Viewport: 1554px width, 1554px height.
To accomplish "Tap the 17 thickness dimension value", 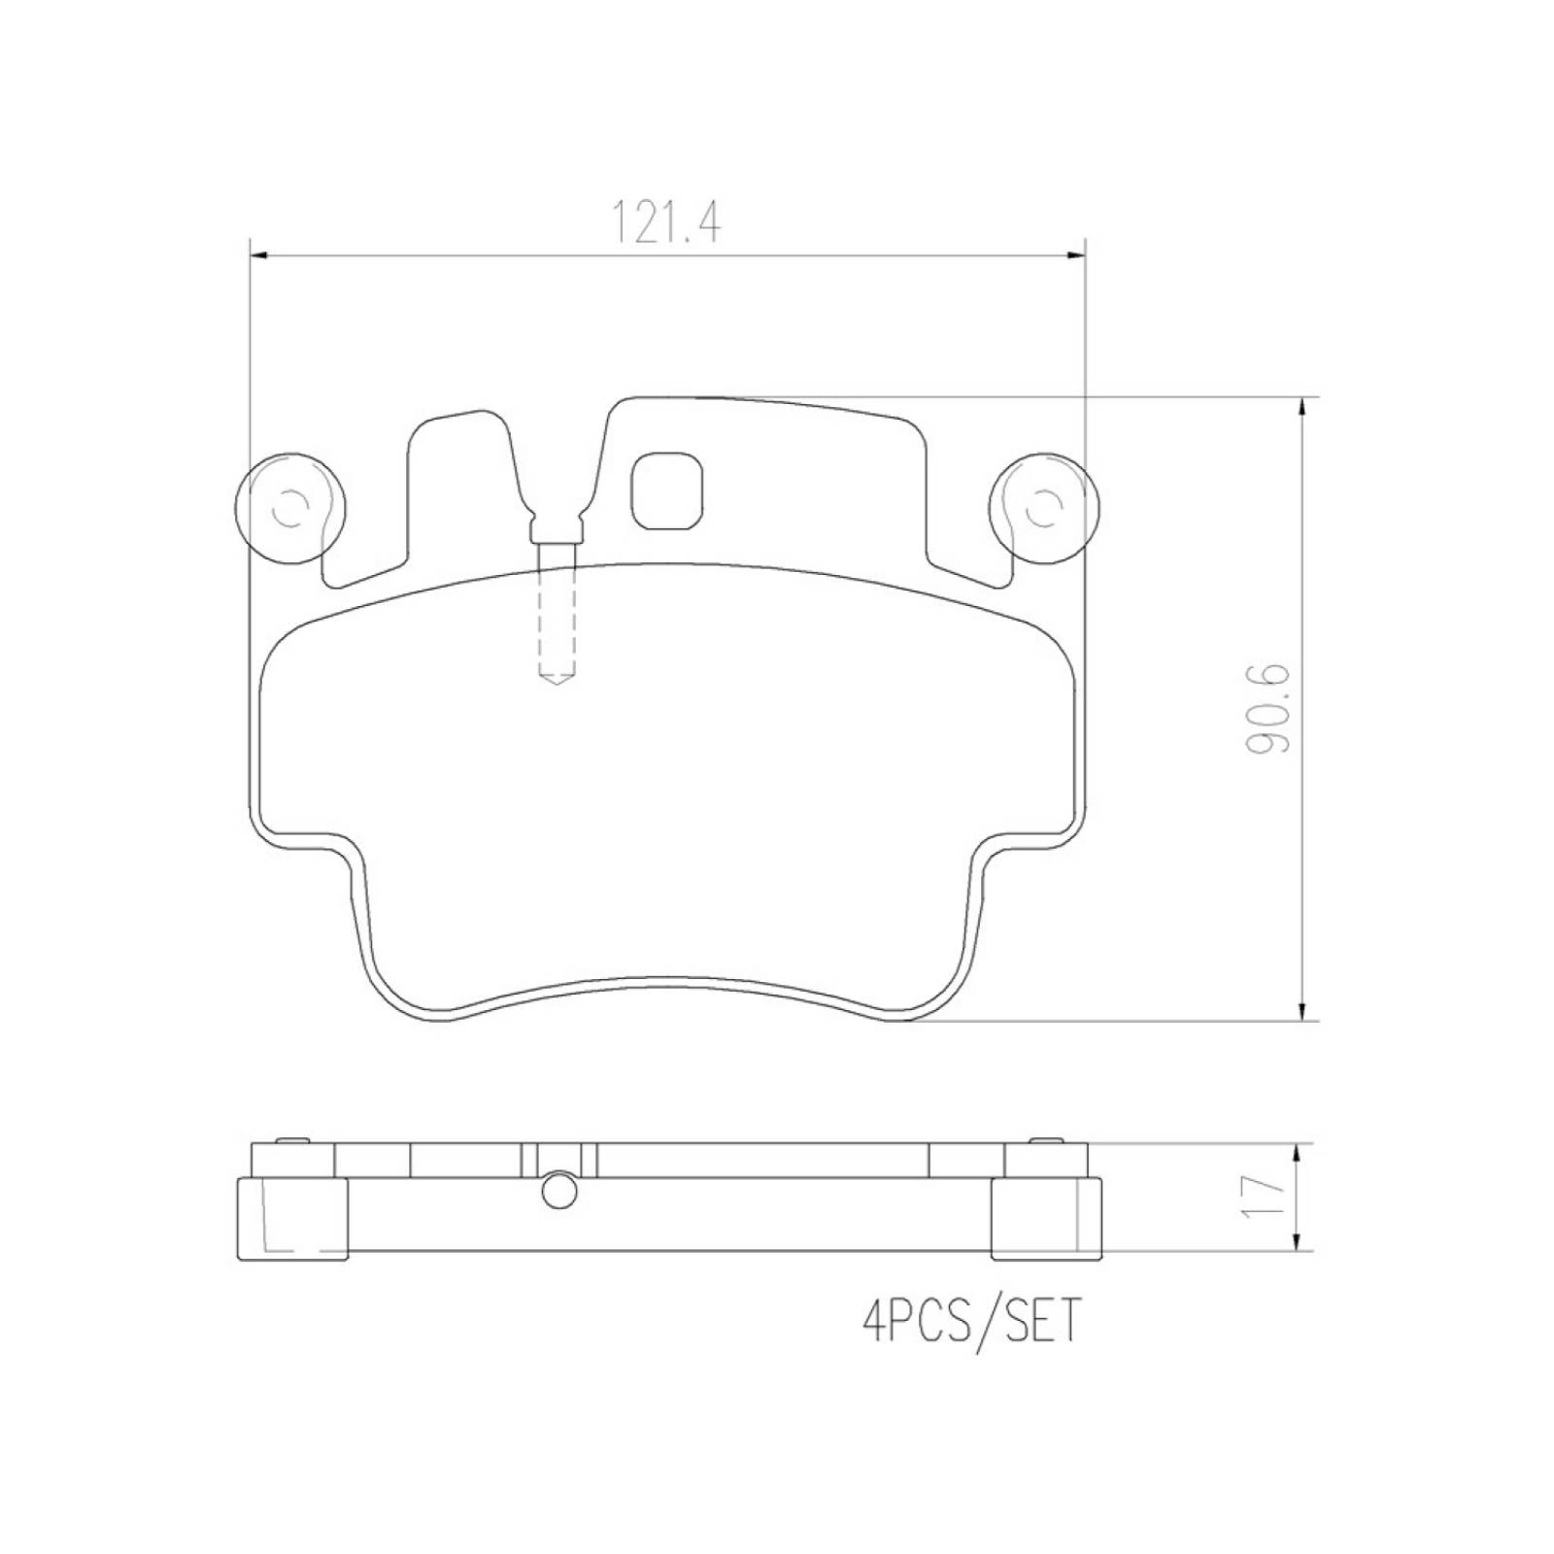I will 1265,1198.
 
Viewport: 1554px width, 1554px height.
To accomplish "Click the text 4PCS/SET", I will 969,1323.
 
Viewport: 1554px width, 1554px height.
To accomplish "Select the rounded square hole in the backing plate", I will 668,491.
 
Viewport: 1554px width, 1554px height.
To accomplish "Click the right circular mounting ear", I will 1044,507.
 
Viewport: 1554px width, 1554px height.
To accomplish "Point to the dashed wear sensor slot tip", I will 557,677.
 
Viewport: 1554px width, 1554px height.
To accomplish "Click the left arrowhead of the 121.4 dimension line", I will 259,255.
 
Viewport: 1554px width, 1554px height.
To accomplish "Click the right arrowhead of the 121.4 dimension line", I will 1075,255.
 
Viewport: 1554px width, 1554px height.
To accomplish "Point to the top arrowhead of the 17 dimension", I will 1296,1153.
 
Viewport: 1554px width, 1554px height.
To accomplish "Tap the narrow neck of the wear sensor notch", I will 557,532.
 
